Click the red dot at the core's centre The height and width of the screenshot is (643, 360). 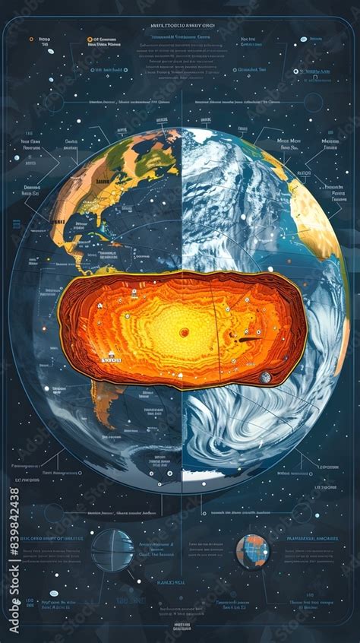[x=184, y=331]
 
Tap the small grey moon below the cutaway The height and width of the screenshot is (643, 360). [x=265, y=377]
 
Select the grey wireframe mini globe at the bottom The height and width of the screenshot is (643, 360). [x=112, y=550]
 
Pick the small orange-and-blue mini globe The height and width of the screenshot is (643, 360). [x=252, y=551]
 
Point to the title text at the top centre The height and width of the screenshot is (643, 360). [x=179, y=25]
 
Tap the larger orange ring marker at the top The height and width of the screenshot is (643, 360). [x=89, y=38]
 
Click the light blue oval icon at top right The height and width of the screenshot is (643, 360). [x=303, y=39]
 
